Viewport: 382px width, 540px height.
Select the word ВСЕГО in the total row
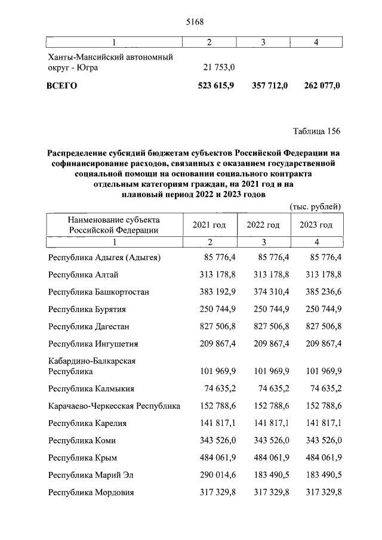point(62,85)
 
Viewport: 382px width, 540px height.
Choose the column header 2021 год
point(209,224)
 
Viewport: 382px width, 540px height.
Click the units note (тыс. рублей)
point(315,206)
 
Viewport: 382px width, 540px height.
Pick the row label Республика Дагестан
point(89,326)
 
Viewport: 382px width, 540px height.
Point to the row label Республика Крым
point(82,458)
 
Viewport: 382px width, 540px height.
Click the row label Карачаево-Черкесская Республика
point(114,406)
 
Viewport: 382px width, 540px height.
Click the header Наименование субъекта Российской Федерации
point(113,224)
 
